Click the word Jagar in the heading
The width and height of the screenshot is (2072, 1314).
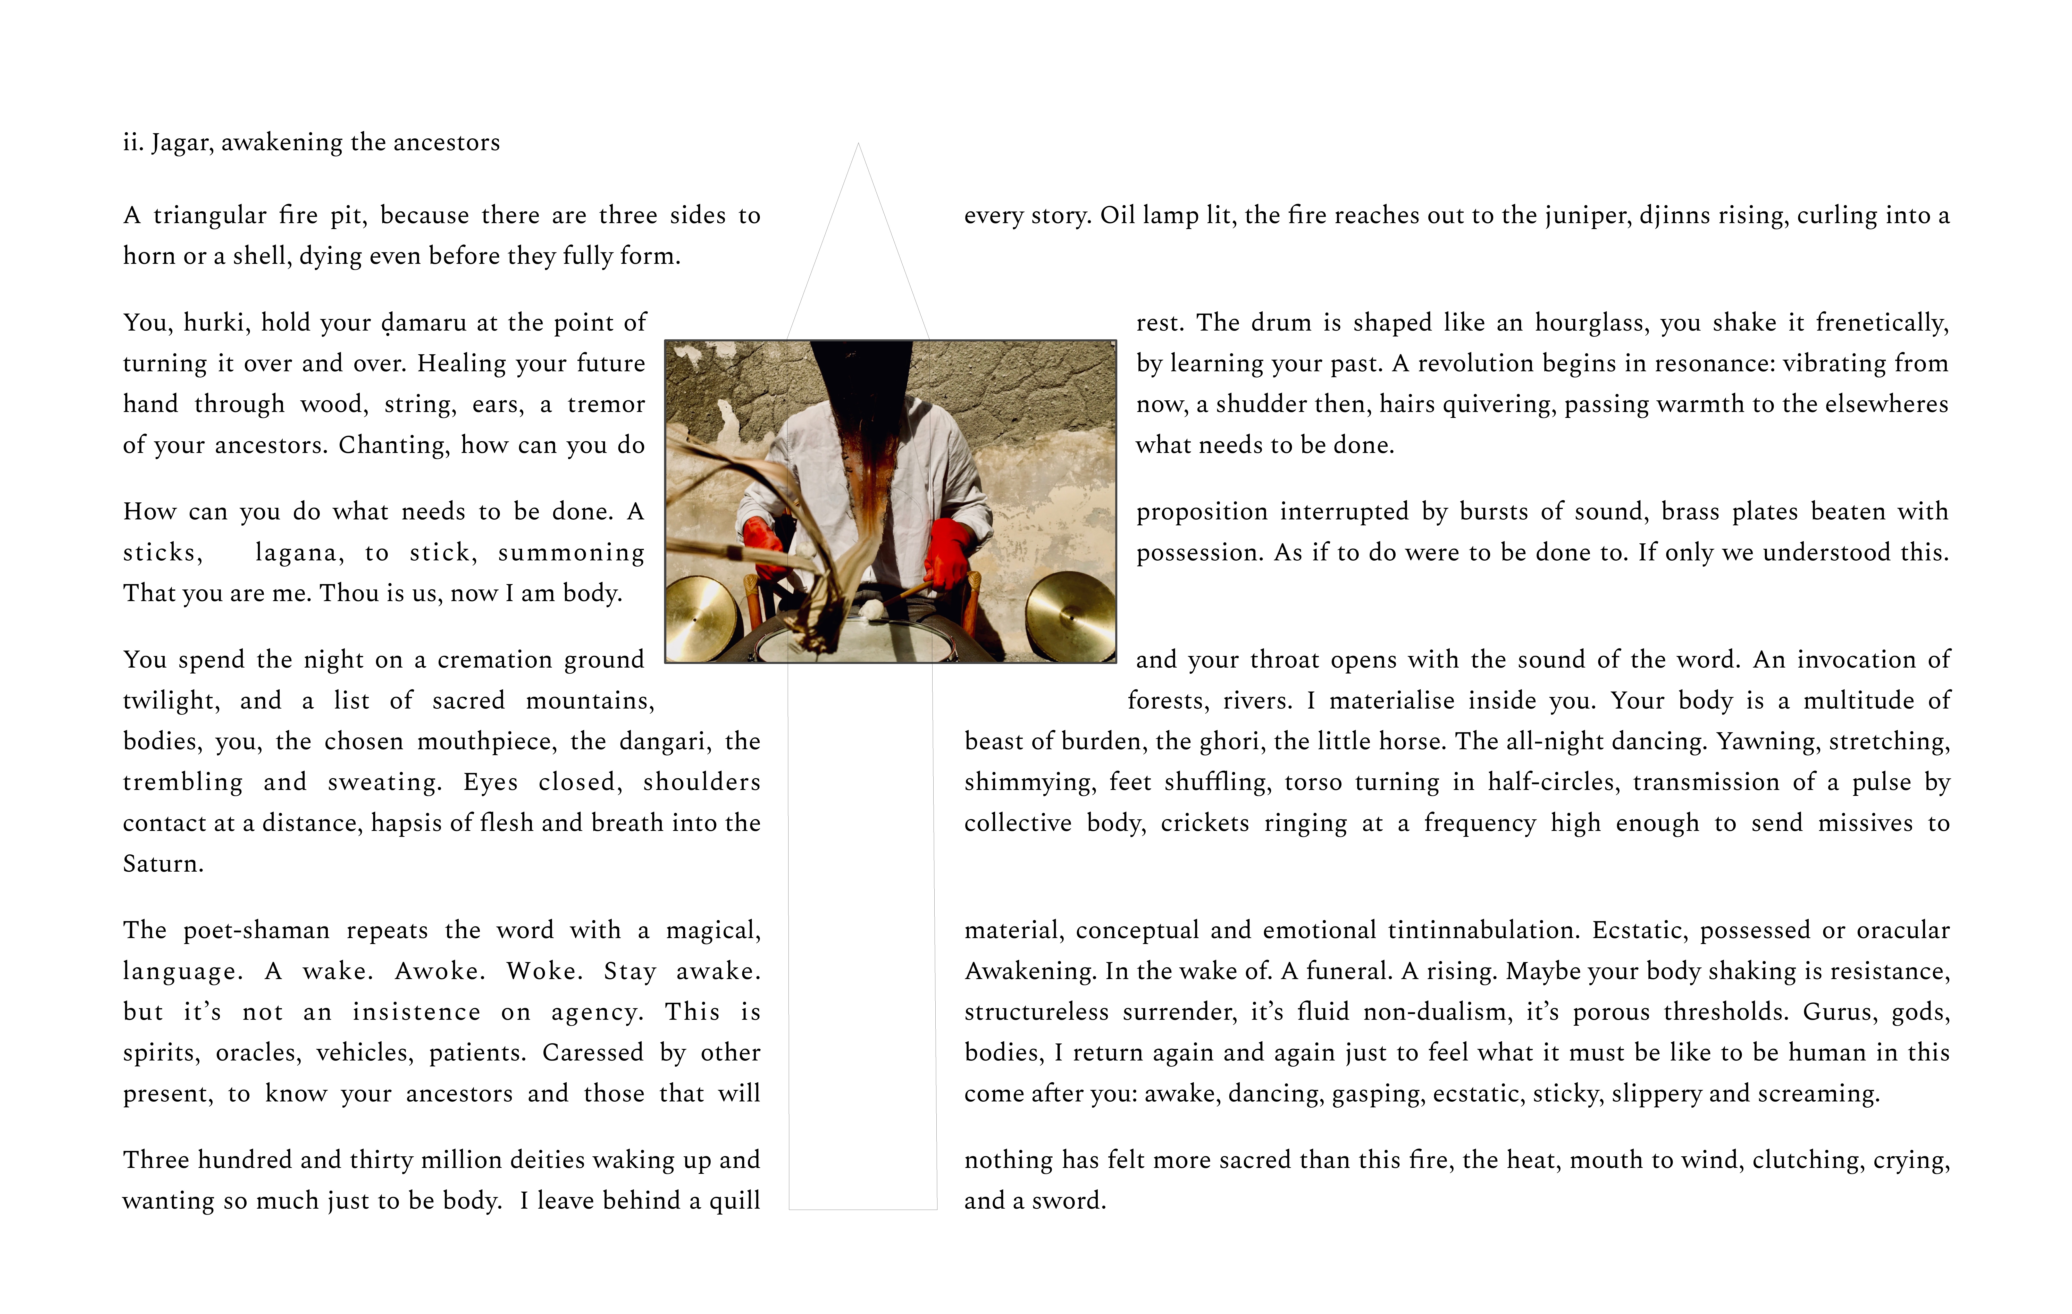click(181, 143)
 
